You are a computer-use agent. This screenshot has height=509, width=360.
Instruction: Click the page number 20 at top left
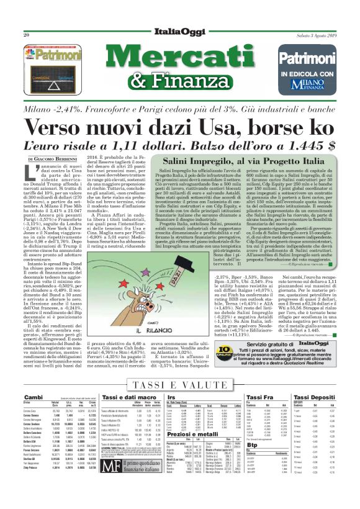coord(27,35)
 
